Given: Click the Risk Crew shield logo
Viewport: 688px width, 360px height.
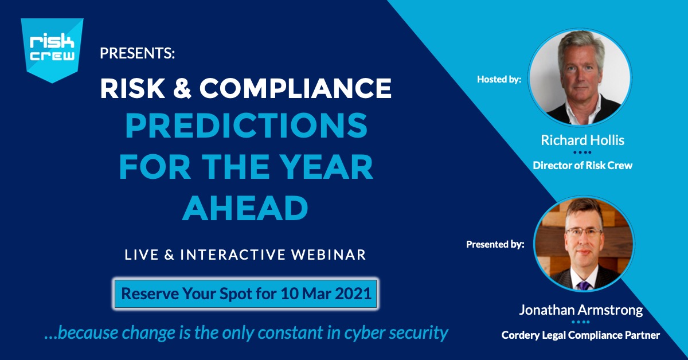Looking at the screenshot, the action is pos(52,49).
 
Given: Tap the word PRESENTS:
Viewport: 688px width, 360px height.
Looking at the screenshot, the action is pos(137,53).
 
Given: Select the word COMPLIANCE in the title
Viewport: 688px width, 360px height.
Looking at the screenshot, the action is pos(295,88).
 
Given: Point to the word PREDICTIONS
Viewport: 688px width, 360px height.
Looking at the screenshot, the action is pos(247,126).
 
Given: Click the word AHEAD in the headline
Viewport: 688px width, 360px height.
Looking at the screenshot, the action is pos(245,208).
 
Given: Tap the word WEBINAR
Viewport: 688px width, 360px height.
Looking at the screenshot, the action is pos(329,255).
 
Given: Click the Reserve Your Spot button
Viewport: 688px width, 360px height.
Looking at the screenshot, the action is pos(246,294).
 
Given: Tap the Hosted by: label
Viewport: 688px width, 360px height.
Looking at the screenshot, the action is pos(499,79).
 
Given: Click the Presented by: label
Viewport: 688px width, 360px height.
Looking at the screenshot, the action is pos(495,244).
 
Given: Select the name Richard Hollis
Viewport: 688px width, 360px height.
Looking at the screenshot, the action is pos(583,140).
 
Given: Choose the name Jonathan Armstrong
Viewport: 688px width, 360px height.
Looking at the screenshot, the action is pos(581,310).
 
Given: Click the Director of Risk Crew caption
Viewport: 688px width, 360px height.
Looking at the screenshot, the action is pos(583,166).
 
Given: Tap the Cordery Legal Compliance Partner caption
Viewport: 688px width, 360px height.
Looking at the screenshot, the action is pos(580,335).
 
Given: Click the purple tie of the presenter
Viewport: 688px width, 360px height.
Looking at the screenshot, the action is pos(584,285).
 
